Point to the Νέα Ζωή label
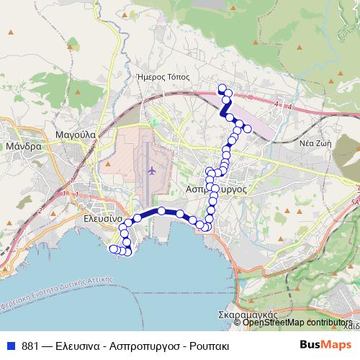(x=315, y=143)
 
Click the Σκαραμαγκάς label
(x=248, y=315)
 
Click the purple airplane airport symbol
(x=151, y=171)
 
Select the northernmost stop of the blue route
(x=222, y=89)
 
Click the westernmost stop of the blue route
(x=112, y=249)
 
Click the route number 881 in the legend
(x=30, y=345)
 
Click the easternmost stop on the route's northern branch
(x=248, y=129)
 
